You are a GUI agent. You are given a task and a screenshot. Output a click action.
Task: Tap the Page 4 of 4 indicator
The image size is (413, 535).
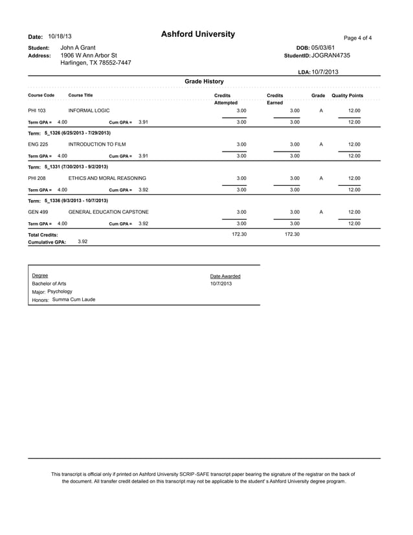click(357, 38)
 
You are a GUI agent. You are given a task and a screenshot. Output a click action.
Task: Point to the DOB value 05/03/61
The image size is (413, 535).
click(323, 48)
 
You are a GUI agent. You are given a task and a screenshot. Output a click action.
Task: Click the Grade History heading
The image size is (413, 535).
click(204, 82)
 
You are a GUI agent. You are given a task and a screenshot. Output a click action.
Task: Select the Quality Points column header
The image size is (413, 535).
click(347, 96)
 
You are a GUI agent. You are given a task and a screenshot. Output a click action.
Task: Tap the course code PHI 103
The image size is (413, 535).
click(36, 111)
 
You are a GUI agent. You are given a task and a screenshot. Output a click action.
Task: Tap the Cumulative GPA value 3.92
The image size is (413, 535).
click(83, 241)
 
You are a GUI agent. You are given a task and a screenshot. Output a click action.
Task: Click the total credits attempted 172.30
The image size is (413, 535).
click(240, 234)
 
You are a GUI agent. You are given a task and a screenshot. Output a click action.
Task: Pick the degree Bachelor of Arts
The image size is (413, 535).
click(49, 284)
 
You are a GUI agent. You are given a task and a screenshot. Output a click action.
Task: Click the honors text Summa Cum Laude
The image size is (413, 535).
click(74, 299)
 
